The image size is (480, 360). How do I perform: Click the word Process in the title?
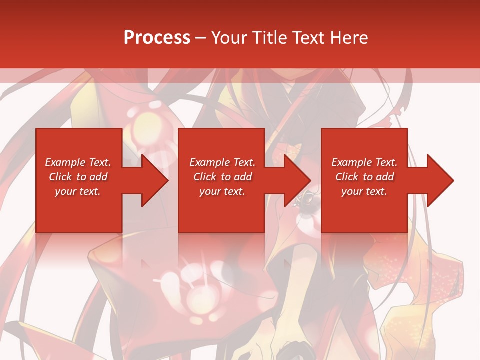[x=157, y=38]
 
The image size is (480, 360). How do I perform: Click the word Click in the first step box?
[x=61, y=177]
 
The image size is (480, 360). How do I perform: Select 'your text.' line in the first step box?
[x=78, y=191]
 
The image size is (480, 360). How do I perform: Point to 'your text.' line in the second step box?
[x=222, y=191]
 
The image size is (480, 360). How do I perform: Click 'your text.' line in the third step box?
[x=364, y=191]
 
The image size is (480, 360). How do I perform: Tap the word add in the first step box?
[x=98, y=177]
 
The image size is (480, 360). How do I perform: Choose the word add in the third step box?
[x=385, y=177]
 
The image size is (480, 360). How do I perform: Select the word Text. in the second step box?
[x=243, y=162]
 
